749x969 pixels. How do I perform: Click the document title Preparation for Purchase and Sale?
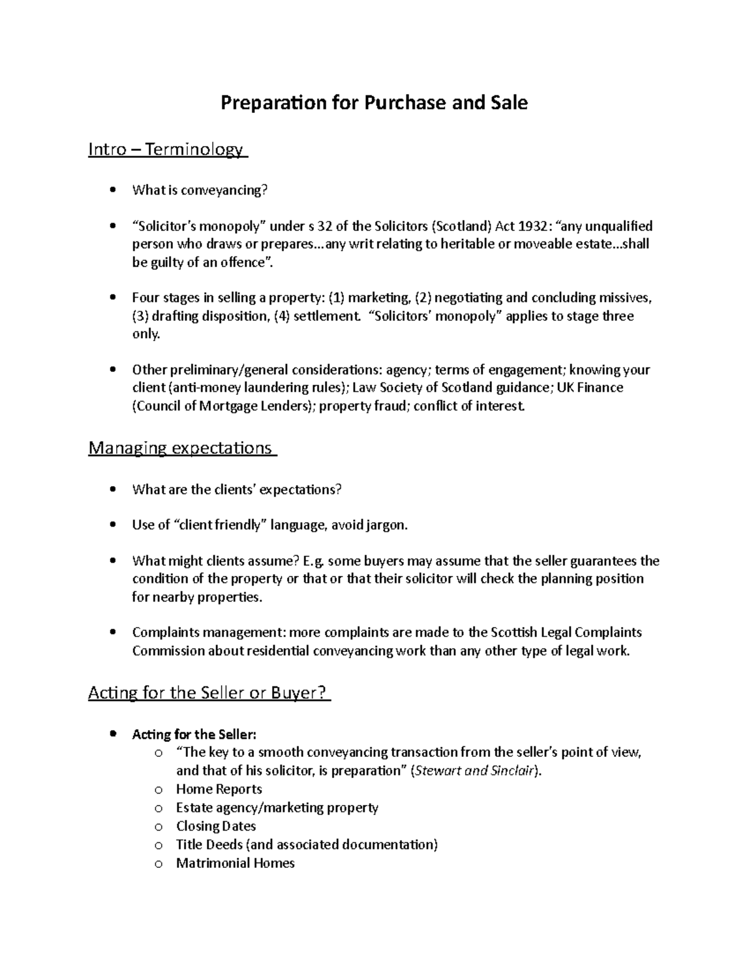point(374,102)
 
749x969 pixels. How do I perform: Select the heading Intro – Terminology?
point(168,150)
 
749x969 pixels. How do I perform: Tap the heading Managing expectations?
point(182,448)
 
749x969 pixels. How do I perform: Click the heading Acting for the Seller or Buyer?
point(209,693)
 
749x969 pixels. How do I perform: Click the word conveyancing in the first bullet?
point(223,190)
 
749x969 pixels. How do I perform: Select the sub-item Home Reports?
point(218,789)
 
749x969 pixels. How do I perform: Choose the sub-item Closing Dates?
point(216,826)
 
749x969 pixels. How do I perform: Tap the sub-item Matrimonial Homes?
point(235,864)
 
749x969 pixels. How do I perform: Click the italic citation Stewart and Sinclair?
point(475,771)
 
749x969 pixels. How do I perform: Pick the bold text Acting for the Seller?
point(194,734)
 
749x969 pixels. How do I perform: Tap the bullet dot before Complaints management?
point(112,632)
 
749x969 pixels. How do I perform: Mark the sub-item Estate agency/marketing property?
point(277,808)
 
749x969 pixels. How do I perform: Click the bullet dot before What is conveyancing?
point(112,190)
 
